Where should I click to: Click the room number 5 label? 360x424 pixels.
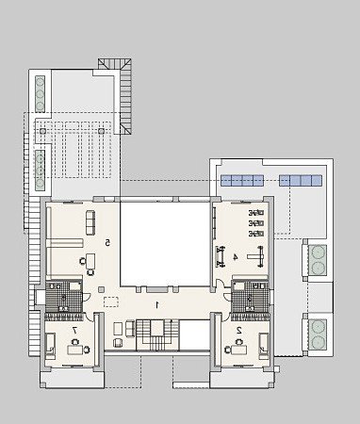[x=107, y=242]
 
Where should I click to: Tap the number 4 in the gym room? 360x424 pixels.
[x=235, y=257]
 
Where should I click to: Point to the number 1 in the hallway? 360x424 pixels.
[x=157, y=304]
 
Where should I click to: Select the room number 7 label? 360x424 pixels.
[x=74, y=330]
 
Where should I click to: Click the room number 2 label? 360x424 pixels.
[x=239, y=330]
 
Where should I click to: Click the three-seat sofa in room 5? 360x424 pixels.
[x=90, y=222]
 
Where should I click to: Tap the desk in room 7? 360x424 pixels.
[x=75, y=350]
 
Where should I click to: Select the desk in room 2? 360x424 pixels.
[x=238, y=350]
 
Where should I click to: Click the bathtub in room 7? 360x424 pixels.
[x=50, y=346]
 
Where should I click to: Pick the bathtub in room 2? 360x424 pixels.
[x=264, y=346]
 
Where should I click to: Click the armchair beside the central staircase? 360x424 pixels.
[x=118, y=342]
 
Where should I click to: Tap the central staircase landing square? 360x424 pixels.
[x=157, y=328]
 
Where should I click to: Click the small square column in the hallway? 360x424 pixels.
[x=101, y=289]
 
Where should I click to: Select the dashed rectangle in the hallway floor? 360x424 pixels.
[x=111, y=302]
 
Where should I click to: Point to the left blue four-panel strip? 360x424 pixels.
[x=242, y=180]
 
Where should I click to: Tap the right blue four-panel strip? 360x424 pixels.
[x=301, y=180]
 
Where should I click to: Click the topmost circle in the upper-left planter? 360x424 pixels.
[x=40, y=83]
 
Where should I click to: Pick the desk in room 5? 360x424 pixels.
[x=90, y=261]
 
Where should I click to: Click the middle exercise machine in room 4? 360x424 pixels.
[x=256, y=223]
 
